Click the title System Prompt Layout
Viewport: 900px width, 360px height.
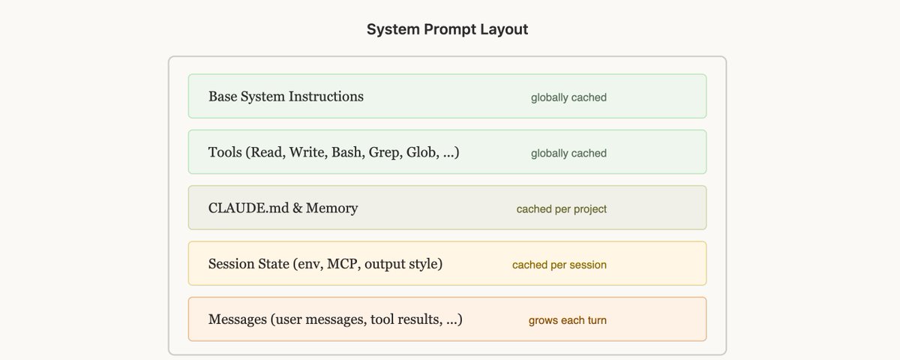pyautogui.click(x=447, y=29)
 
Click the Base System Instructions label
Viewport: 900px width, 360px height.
pyautogui.click(x=286, y=97)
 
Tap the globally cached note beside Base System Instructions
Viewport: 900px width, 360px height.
pyautogui.click(x=568, y=97)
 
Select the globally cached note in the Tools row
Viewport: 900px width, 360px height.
pyautogui.click(x=568, y=153)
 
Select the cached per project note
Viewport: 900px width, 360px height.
pyautogui.click(x=561, y=209)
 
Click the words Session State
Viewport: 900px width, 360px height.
pyautogui.click(x=250, y=264)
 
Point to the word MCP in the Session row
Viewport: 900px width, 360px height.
pyautogui.click(x=340, y=264)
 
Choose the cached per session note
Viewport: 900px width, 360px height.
pyautogui.click(x=559, y=265)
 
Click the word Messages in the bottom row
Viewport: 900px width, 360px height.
pyautogui.click(x=238, y=319)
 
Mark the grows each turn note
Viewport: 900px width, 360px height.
pyautogui.click(x=567, y=320)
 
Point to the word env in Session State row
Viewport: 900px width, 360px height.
pyautogui.click(x=310, y=264)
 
